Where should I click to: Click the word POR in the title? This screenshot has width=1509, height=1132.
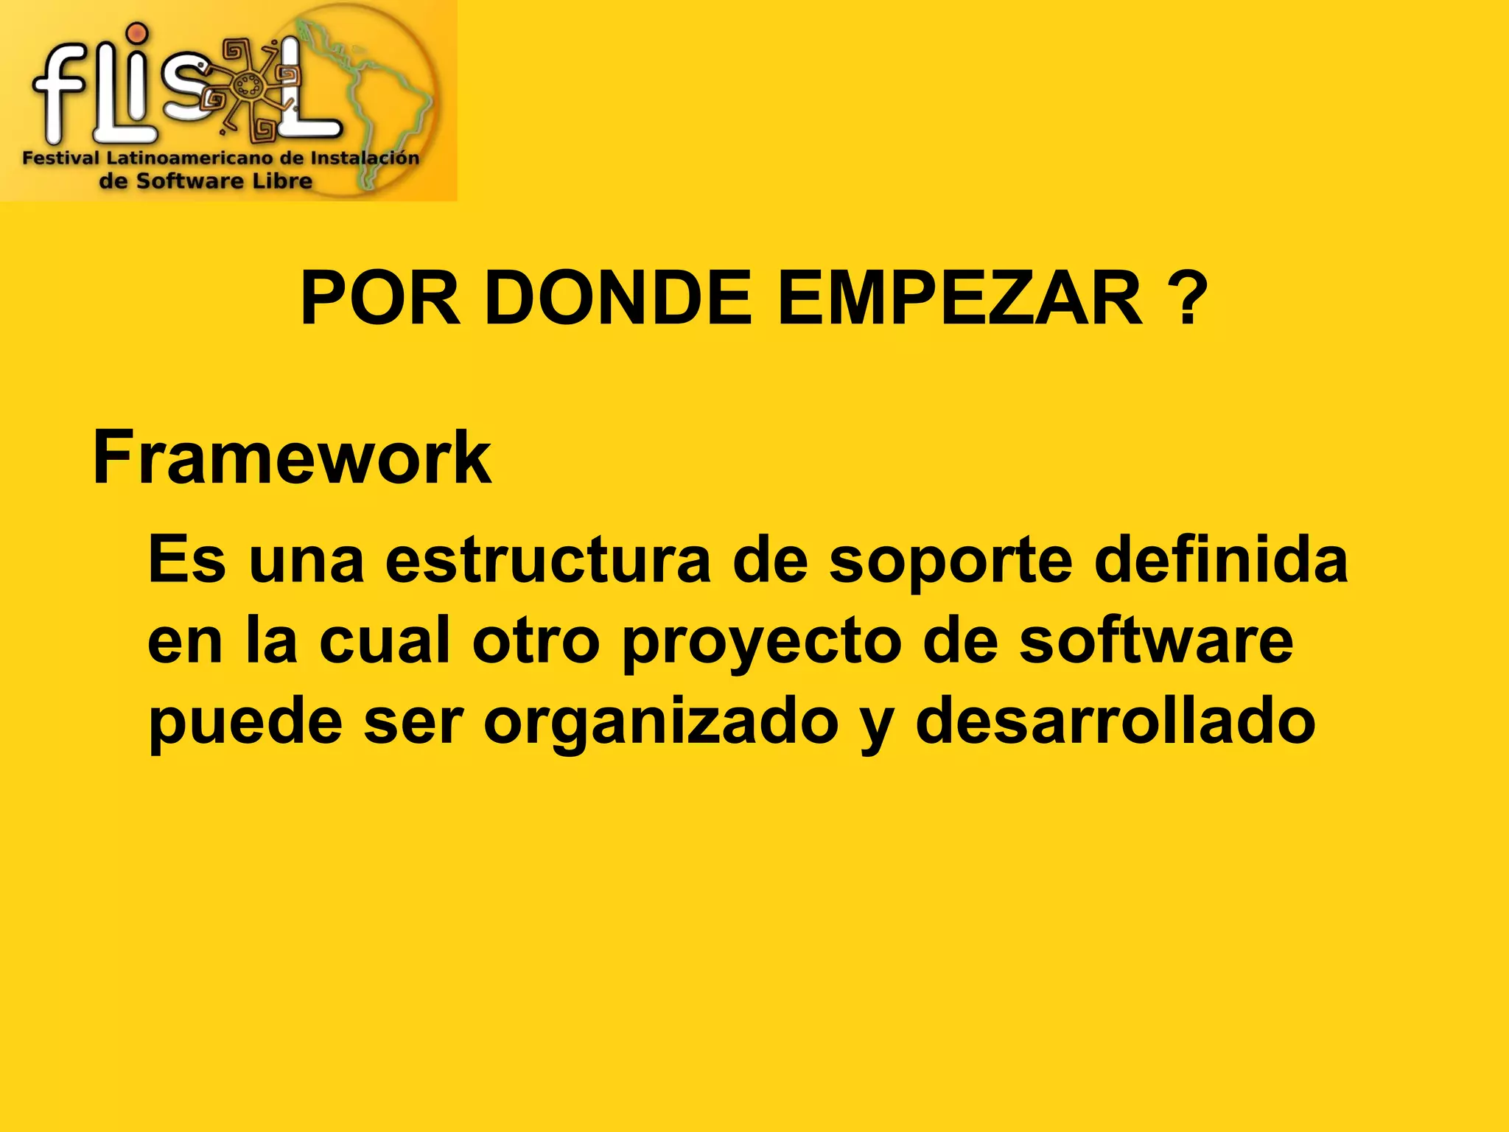380,298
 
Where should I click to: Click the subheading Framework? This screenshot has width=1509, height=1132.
292,458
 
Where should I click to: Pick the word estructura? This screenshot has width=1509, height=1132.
547,560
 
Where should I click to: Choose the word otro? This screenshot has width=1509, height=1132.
536,641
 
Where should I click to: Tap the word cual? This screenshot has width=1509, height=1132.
385,641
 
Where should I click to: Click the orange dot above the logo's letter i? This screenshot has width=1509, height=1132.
137,33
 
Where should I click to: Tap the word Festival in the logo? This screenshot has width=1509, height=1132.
60,158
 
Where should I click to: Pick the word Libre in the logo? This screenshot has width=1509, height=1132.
281,181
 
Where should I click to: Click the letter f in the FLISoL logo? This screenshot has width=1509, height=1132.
59,88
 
